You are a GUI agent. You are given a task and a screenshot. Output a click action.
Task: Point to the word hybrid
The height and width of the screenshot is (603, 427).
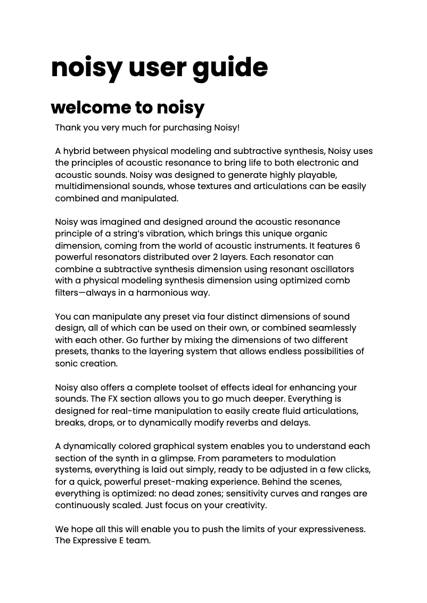tap(79, 151)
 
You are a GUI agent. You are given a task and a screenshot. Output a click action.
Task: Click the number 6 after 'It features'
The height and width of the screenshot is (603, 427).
tap(357, 246)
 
